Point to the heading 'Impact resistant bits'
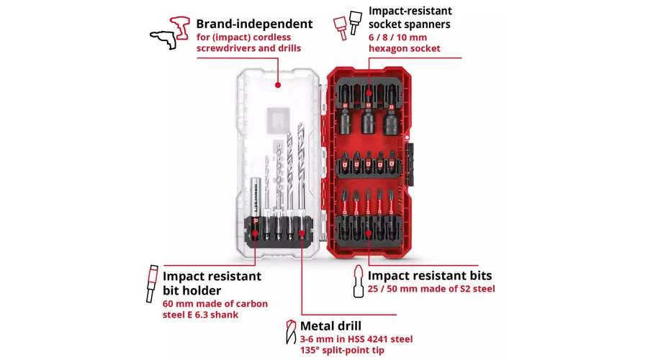430,276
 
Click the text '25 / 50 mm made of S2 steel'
431,289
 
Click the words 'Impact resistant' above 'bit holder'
212,276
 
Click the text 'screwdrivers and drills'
249,48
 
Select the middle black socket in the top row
368,115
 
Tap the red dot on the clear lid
277,85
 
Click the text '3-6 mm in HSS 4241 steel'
357,338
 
